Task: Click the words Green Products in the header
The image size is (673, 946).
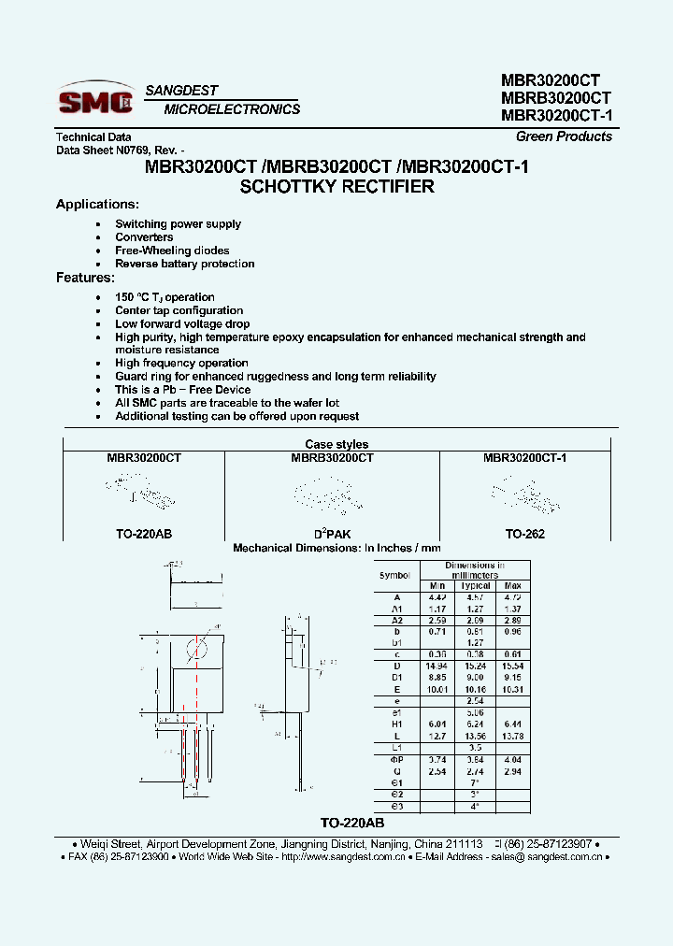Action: [x=564, y=136]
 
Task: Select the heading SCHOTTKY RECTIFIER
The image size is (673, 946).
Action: [x=337, y=187]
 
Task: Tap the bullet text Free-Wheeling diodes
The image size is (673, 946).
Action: [x=172, y=251]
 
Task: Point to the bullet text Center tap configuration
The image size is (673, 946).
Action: [x=179, y=310]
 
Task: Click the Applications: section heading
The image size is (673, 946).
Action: [x=97, y=205]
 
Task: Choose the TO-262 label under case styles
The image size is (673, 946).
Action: [x=524, y=534]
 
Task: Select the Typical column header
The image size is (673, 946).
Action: [x=476, y=586]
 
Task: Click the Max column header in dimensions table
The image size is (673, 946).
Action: [x=513, y=586]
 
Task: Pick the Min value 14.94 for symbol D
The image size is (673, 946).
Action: [x=437, y=665]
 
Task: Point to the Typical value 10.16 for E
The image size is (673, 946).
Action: [x=476, y=689]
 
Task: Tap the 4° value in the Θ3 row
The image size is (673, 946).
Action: [x=476, y=806]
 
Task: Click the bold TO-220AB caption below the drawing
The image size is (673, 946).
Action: [x=352, y=823]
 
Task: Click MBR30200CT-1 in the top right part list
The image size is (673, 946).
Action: [x=556, y=117]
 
